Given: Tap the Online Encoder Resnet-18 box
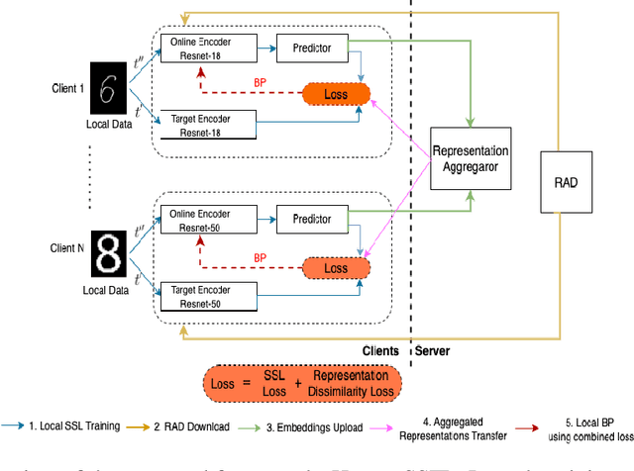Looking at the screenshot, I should (x=209, y=47).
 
